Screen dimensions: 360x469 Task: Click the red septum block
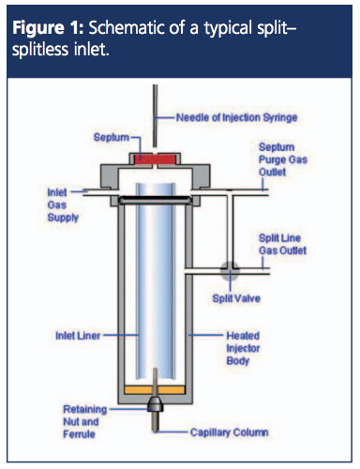(155, 159)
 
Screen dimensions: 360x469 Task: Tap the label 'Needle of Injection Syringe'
(236, 117)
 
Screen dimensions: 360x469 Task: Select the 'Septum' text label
(112, 137)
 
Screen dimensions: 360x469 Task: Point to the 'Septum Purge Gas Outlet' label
(283, 159)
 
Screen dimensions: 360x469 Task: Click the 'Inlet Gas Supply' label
(63, 204)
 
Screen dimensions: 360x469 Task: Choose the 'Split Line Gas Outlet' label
(282, 244)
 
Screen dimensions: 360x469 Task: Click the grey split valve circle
(230, 270)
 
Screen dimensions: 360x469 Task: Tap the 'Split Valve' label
(236, 298)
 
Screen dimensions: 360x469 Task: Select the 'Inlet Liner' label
(78, 336)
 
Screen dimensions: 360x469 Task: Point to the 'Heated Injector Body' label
(243, 348)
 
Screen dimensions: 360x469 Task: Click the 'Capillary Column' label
(230, 432)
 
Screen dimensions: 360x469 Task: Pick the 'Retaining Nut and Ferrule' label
(85, 421)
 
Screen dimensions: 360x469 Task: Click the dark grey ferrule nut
(156, 404)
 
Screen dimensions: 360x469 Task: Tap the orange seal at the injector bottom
(155, 390)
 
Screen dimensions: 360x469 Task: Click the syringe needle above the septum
(155, 115)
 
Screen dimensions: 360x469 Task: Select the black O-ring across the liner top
(156, 200)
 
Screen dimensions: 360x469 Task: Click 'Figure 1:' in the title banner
(48, 28)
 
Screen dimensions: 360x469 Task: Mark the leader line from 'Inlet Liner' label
(121, 335)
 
